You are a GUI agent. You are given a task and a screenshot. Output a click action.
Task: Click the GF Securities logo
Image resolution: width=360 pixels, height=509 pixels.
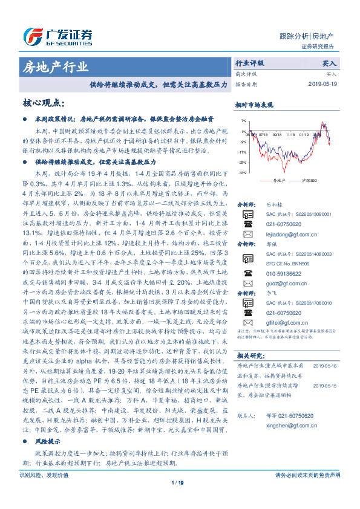(57, 35)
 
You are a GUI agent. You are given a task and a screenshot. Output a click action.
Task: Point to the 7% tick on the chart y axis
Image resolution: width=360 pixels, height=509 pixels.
(243, 121)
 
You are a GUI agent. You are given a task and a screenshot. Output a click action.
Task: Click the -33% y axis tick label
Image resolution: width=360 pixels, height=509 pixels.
(242, 173)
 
